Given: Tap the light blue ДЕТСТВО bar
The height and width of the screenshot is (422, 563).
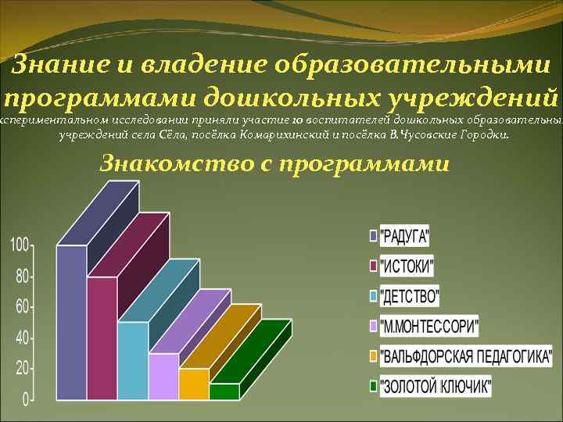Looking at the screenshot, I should (133, 359).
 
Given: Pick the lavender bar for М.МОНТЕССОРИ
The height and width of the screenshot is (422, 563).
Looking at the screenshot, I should (163, 376).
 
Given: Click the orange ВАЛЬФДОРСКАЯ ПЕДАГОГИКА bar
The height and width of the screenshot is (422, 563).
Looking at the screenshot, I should (194, 383).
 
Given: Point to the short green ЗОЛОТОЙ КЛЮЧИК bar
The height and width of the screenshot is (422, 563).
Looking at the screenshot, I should (224, 391).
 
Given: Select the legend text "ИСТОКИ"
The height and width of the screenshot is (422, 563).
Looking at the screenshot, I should (407, 266).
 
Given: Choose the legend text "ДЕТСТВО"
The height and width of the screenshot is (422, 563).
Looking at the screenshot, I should (409, 296).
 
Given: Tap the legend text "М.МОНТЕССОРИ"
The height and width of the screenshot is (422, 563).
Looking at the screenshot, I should (429, 326).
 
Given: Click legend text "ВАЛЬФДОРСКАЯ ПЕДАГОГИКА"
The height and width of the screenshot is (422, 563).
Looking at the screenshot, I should (464, 356).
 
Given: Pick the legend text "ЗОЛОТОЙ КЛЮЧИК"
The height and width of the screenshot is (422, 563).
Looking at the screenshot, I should (436, 386).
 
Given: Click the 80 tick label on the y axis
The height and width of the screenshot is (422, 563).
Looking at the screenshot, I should (21, 277).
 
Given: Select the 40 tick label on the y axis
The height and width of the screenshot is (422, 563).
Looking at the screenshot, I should (21, 338).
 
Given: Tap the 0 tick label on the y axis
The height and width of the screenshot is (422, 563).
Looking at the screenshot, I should (25, 399).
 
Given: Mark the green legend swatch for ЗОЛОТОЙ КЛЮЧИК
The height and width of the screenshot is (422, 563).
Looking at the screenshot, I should (373, 386).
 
